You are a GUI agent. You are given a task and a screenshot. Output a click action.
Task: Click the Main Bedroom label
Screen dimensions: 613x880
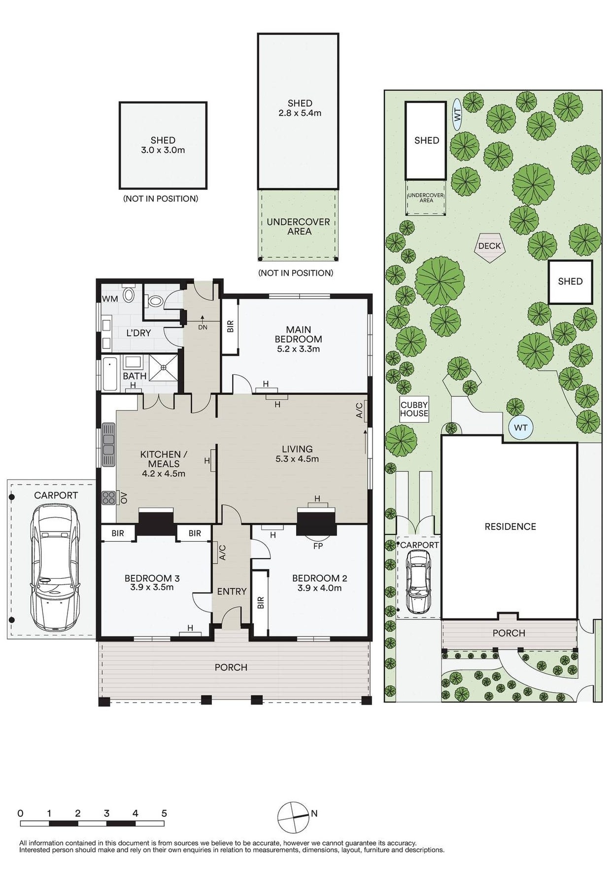coord(298,334)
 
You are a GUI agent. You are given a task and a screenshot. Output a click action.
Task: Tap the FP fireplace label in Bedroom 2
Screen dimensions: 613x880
coord(318,546)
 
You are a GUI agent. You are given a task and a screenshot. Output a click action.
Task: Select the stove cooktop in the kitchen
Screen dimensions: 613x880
coord(108,498)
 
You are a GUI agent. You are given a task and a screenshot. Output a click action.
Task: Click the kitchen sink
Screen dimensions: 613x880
coord(108,445)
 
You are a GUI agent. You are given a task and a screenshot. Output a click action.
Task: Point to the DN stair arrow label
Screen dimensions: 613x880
coord(203,327)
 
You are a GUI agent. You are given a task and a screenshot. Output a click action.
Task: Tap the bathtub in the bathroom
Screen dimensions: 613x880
coord(109,374)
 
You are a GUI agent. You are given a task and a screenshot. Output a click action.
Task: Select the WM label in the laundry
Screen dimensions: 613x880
coord(110,299)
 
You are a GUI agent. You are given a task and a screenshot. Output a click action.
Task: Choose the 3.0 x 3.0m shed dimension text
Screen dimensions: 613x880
coord(163,150)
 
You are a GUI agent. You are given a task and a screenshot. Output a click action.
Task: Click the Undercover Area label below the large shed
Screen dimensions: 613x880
coord(298,226)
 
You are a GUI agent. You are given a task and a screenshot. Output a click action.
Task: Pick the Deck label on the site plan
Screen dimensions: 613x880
coord(489,246)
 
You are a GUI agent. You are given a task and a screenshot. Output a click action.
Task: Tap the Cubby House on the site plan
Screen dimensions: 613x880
coord(414,409)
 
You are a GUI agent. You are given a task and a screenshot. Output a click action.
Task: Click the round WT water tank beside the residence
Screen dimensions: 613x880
coord(520,427)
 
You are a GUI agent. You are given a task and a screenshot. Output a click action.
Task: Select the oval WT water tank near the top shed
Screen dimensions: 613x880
coord(457,114)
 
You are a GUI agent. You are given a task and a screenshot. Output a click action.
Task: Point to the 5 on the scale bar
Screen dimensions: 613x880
coord(164,813)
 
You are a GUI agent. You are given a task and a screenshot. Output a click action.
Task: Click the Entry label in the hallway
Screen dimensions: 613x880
coord(232,592)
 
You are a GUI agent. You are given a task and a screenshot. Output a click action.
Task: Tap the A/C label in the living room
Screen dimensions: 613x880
coord(359,411)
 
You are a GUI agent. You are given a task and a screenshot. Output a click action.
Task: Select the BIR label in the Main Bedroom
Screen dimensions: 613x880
coord(230,326)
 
